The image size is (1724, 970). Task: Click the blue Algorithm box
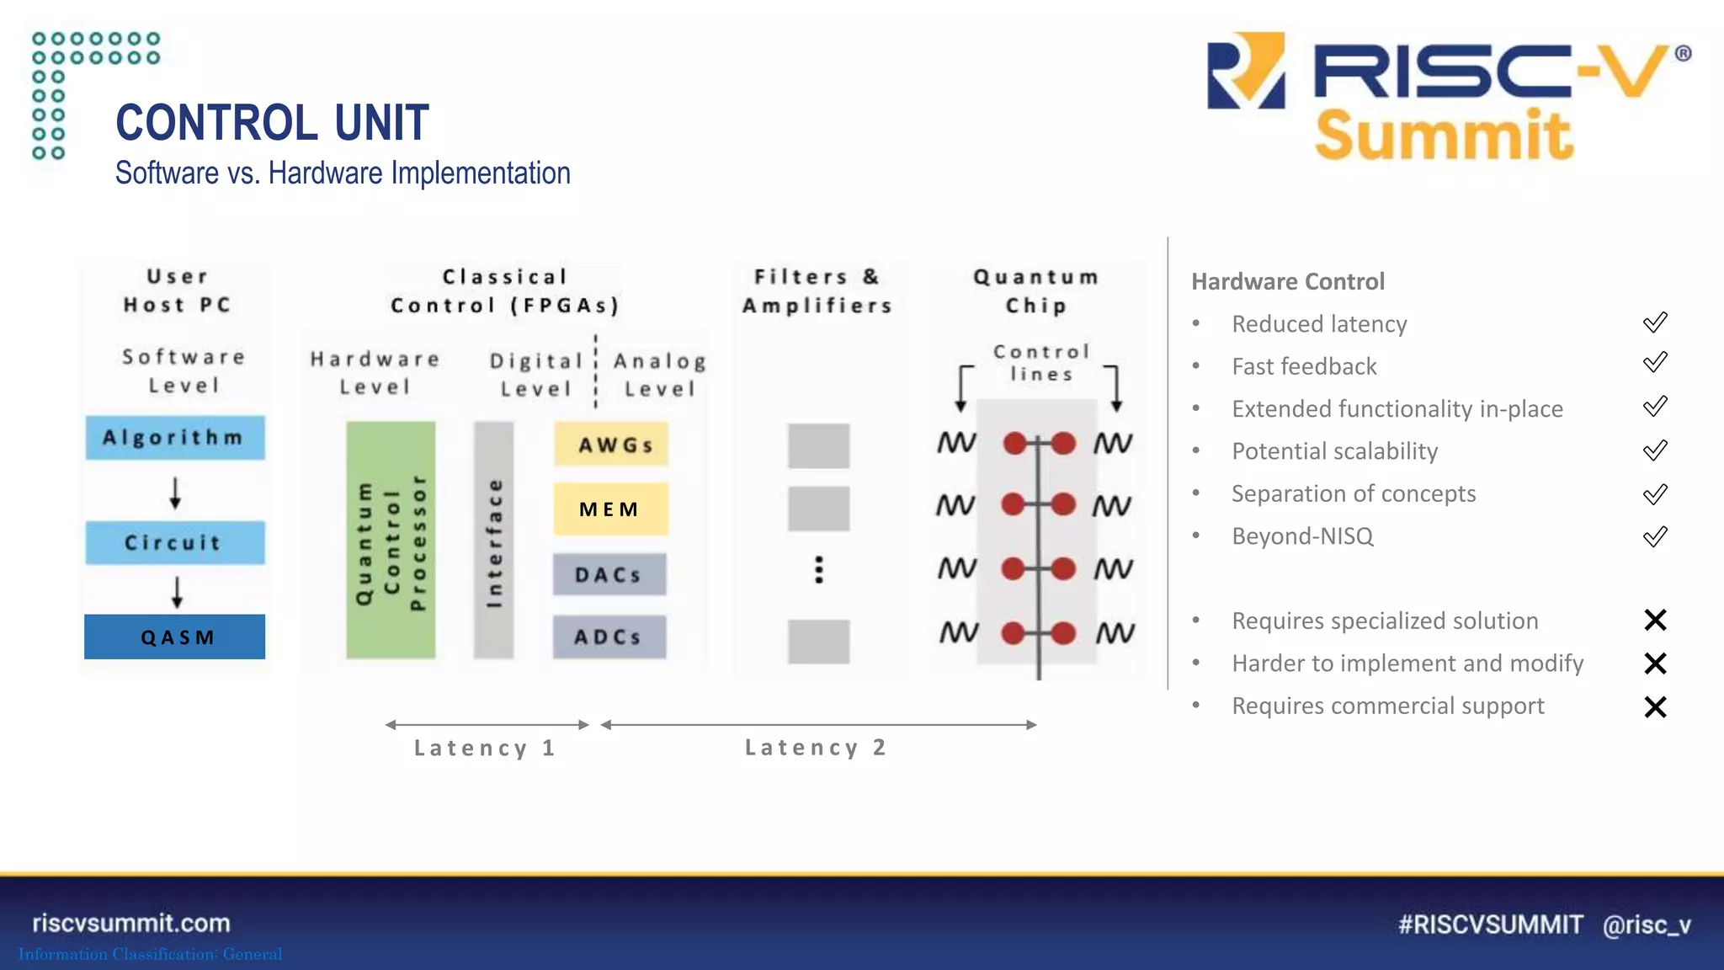point(175,437)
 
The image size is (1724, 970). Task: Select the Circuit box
point(175,542)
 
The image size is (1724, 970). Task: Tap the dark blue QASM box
point(175,637)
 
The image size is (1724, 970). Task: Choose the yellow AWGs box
point(611,445)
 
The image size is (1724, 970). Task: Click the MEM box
point(611,509)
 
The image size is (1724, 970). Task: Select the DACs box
point(609,574)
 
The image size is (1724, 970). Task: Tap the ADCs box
point(609,637)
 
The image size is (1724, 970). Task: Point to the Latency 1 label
point(485,748)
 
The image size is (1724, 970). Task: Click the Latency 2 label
point(816,747)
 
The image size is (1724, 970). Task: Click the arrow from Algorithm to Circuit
point(175,492)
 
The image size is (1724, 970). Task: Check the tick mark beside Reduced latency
point(1655,322)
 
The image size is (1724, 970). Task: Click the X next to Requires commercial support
point(1655,706)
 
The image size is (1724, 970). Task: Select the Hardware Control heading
point(1287,281)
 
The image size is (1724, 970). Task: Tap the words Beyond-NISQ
point(1302,536)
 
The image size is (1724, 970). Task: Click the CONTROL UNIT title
point(272,123)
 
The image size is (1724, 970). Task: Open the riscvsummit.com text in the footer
point(131,923)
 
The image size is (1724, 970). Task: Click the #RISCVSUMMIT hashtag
point(1490,925)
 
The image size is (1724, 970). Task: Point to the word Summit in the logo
point(1443,136)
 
